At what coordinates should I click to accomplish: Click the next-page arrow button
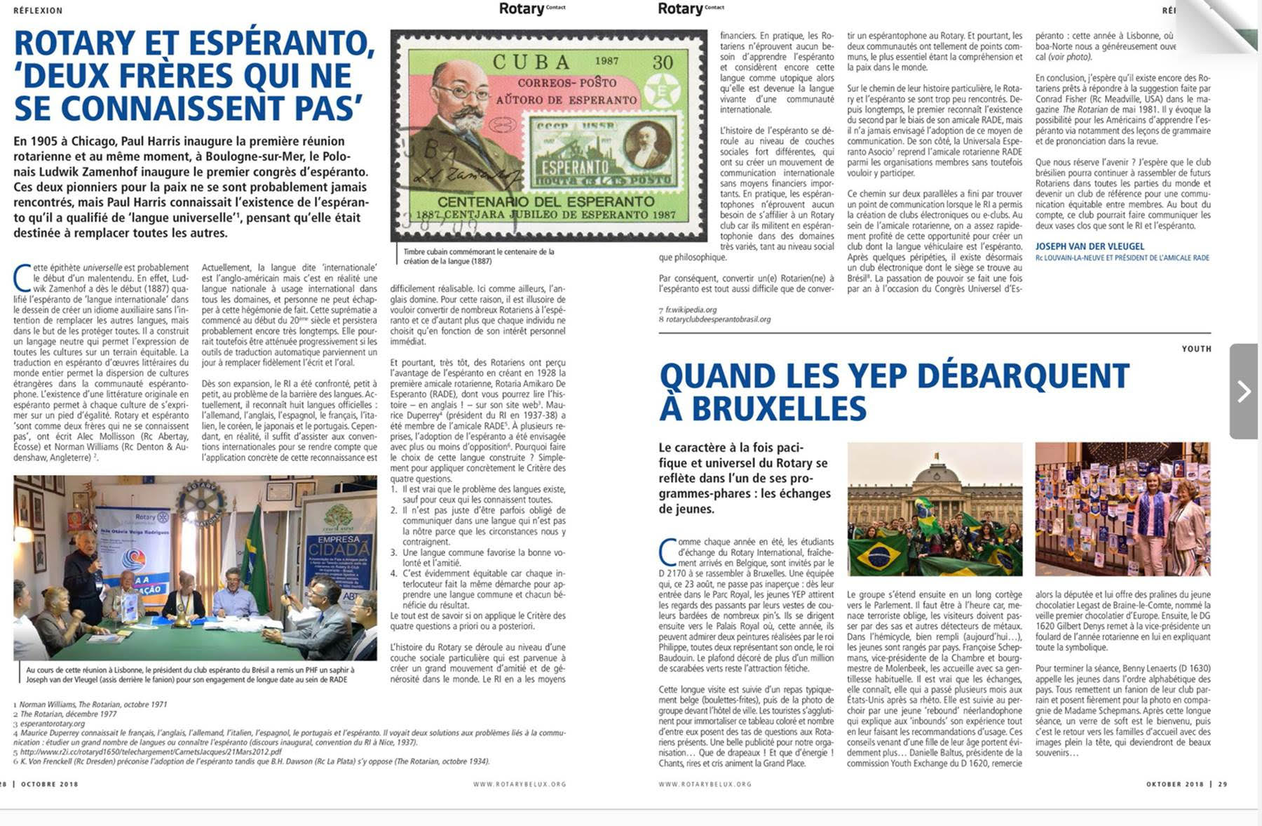(1244, 391)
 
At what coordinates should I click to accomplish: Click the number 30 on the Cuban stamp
(663, 62)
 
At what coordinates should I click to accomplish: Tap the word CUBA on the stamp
(531, 62)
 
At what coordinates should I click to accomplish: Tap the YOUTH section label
(1196, 349)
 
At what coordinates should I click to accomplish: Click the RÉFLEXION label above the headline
(38, 11)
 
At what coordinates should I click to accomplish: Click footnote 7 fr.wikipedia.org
(691, 309)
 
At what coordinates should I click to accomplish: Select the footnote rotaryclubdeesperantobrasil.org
(717, 319)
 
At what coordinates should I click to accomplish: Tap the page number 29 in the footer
(1223, 784)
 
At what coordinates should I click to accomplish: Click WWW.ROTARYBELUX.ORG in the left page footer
(519, 784)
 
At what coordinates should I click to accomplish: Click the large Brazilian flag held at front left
(878, 555)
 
